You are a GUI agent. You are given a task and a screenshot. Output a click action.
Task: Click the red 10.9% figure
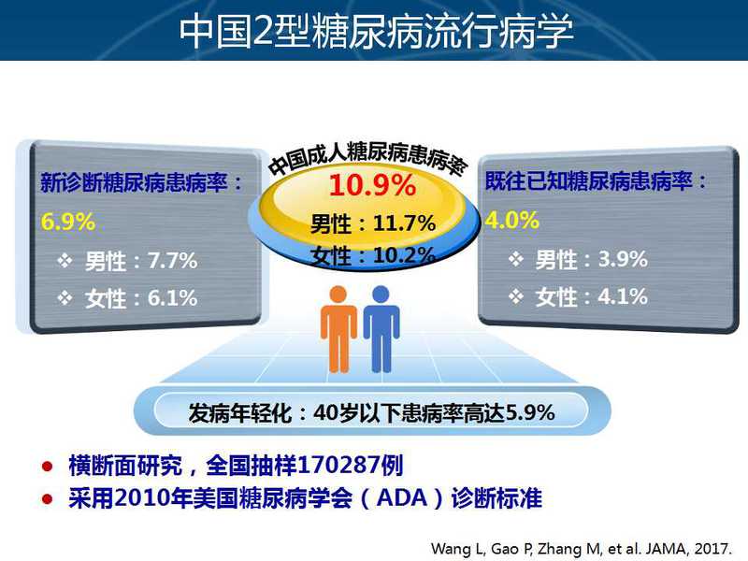(372, 185)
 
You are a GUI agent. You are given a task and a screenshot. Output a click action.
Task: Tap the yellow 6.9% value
(68, 222)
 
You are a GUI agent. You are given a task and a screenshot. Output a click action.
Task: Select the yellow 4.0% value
(512, 221)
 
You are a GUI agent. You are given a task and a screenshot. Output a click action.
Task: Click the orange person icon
(338, 329)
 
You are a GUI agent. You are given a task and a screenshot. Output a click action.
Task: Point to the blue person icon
(381, 329)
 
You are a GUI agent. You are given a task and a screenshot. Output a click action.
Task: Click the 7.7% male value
(172, 261)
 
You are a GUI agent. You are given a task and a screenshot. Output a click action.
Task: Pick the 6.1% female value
(172, 298)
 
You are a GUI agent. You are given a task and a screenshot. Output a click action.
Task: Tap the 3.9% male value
(623, 259)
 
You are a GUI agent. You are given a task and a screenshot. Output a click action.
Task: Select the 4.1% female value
(623, 296)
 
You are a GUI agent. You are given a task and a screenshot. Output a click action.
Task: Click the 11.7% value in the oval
(404, 223)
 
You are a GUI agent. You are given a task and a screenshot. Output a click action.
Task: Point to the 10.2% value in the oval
(404, 255)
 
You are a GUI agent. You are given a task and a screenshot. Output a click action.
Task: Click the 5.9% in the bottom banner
(529, 412)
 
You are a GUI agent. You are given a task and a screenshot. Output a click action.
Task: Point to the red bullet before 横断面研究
(48, 466)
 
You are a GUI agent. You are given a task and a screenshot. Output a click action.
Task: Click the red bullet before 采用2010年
(48, 499)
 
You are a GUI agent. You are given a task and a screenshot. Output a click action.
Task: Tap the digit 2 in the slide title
(263, 31)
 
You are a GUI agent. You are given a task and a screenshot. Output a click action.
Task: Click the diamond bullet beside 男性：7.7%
(65, 261)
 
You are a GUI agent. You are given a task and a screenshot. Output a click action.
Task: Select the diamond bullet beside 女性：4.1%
(516, 296)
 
